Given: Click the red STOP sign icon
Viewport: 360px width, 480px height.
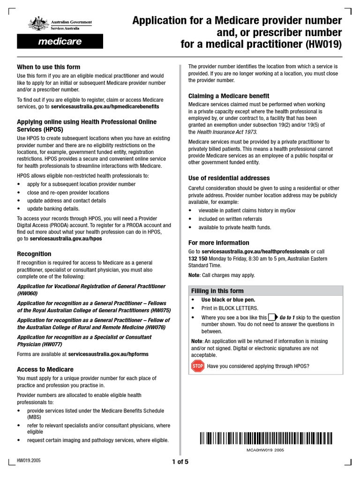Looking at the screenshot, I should [x=197, y=366].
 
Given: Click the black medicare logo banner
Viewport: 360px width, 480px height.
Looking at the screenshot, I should [x=60, y=42].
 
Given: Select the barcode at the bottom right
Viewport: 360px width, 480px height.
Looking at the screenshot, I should [x=266, y=438].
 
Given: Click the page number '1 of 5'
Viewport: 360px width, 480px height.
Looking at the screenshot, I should [x=180, y=462].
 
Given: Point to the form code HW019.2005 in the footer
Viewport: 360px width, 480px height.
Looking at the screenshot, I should [x=29, y=460].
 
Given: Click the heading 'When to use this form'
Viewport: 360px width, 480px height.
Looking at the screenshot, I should [x=48, y=67].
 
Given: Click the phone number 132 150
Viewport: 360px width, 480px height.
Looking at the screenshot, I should [x=198, y=259].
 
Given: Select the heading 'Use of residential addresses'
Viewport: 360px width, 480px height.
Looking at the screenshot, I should [x=229, y=178].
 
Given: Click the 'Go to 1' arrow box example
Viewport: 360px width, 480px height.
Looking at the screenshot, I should [x=273, y=317].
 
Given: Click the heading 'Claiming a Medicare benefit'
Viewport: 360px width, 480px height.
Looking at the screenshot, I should [x=228, y=96].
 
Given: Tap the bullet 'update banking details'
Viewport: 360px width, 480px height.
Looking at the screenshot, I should [x=53, y=209].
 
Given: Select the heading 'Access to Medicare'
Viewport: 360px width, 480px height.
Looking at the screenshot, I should [x=45, y=369].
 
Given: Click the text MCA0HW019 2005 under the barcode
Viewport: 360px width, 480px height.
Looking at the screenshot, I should [x=265, y=450].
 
